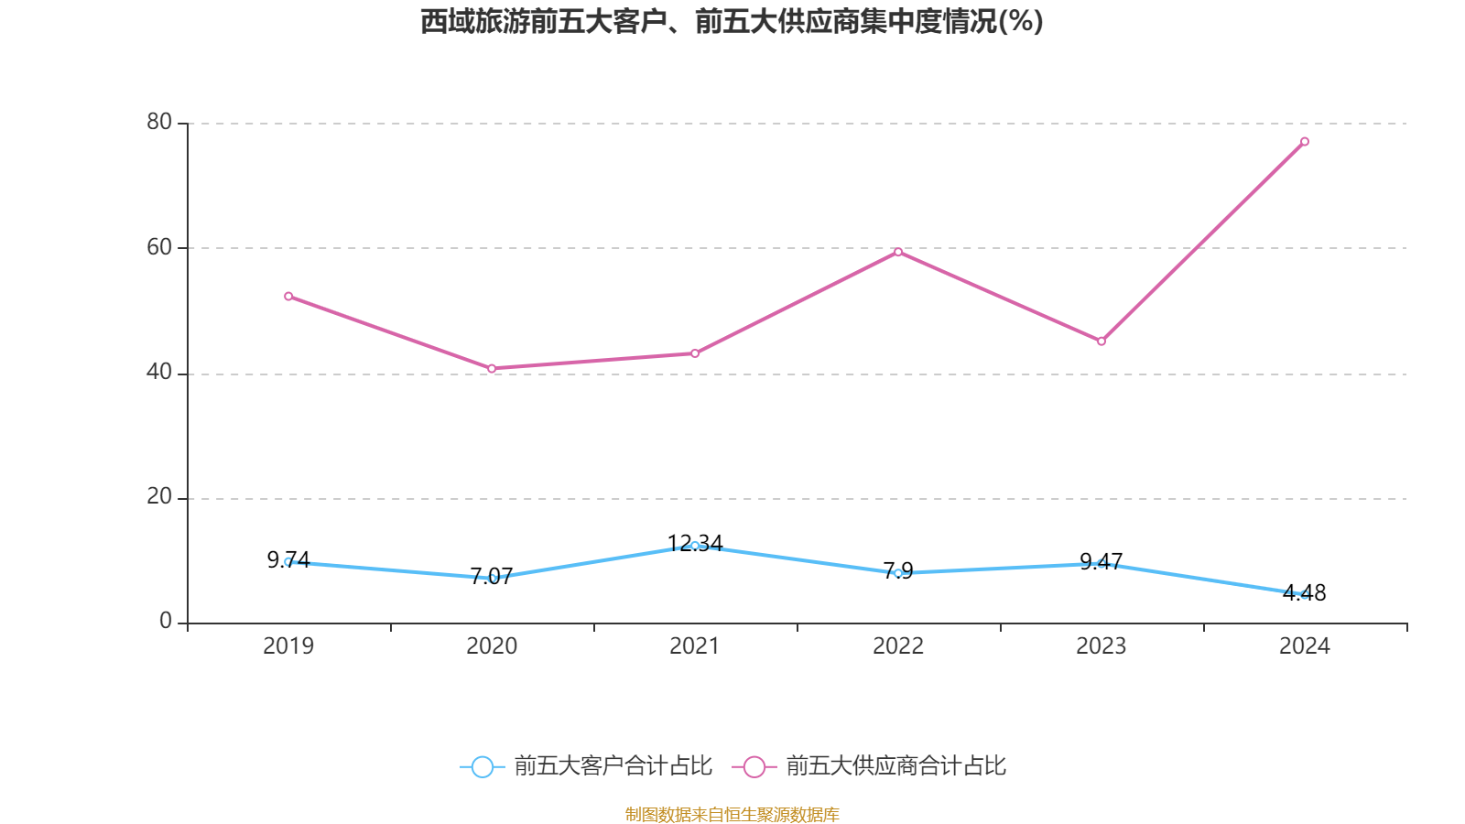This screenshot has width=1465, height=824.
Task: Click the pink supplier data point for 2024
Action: click(1305, 142)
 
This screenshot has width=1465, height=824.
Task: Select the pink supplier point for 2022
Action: click(898, 252)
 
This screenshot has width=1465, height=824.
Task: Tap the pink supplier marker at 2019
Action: click(288, 297)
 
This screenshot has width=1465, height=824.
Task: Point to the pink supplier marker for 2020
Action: click(492, 369)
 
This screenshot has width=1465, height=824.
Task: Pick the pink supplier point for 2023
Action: click(1101, 342)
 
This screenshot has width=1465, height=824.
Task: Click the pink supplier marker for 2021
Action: click(695, 353)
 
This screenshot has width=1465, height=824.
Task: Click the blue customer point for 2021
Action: click(695, 546)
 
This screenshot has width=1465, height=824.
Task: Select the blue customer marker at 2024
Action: click(1305, 595)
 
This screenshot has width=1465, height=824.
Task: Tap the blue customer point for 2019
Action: click(288, 561)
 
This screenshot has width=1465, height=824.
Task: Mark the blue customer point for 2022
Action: click(898, 573)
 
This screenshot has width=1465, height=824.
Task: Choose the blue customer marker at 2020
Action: click(492, 579)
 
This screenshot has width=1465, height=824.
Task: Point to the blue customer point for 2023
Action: click(1101, 563)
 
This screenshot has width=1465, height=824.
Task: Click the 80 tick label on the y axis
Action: click(159, 122)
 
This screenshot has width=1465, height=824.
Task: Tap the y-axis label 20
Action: click(159, 496)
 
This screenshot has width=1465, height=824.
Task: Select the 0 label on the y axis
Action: click(166, 622)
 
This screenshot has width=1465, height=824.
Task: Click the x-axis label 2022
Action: click(898, 646)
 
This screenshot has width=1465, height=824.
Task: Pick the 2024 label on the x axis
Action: click(1305, 646)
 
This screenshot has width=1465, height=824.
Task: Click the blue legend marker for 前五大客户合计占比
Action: click(482, 766)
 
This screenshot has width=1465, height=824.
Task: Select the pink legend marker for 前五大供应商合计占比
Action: click(754, 766)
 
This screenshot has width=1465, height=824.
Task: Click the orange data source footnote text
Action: click(732, 814)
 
